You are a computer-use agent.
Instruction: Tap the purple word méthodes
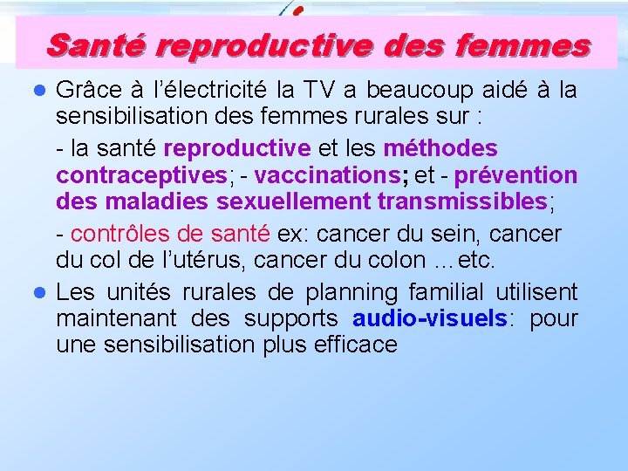coord(440,148)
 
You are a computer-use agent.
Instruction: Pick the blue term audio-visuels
coord(429,318)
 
